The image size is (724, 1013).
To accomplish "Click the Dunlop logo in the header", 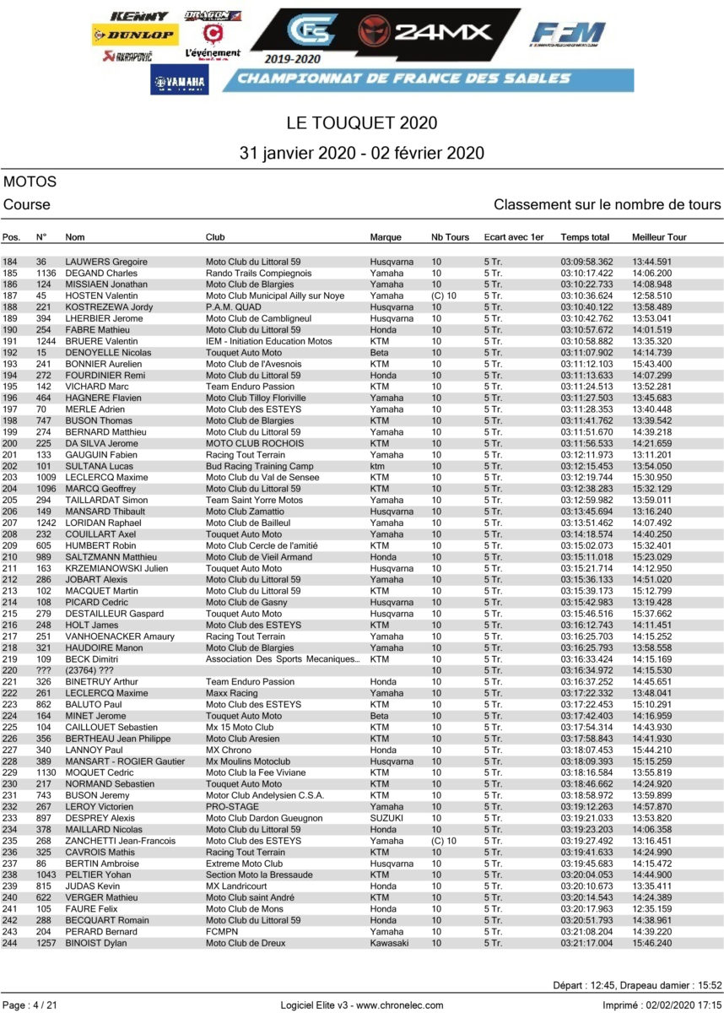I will click(x=134, y=35).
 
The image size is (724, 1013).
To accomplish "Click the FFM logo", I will click(x=568, y=35).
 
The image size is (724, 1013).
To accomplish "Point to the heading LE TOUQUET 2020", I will click(x=362, y=122).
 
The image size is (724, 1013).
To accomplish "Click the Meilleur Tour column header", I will click(x=659, y=237).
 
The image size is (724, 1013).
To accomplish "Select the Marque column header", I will click(x=386, y=237).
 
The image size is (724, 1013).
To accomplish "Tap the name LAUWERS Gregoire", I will click(x=106, y=263).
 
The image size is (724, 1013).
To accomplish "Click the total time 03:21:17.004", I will click(x=586, y=943).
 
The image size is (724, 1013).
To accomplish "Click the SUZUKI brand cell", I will click(x=386, y=818).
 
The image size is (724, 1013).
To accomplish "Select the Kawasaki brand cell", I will click(x=389, y=943).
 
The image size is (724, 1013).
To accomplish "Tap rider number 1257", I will click(x=46, y=943).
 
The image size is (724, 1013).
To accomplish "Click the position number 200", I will click(x=10, y=443).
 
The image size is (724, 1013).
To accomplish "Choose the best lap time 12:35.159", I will click(x=651, y=909).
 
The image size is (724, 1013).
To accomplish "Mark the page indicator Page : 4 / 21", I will click(x=31, y=1005).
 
